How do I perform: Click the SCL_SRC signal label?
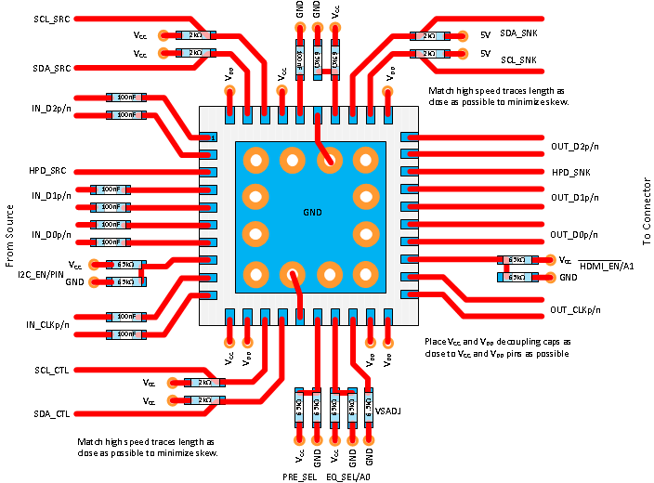coord(50,19)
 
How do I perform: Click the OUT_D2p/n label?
coord(577,147)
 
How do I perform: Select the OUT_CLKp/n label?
coord(576,309)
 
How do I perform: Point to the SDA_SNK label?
coord(520,33)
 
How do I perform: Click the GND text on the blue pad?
coord(312,212)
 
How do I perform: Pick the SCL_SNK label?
coord(520,59)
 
